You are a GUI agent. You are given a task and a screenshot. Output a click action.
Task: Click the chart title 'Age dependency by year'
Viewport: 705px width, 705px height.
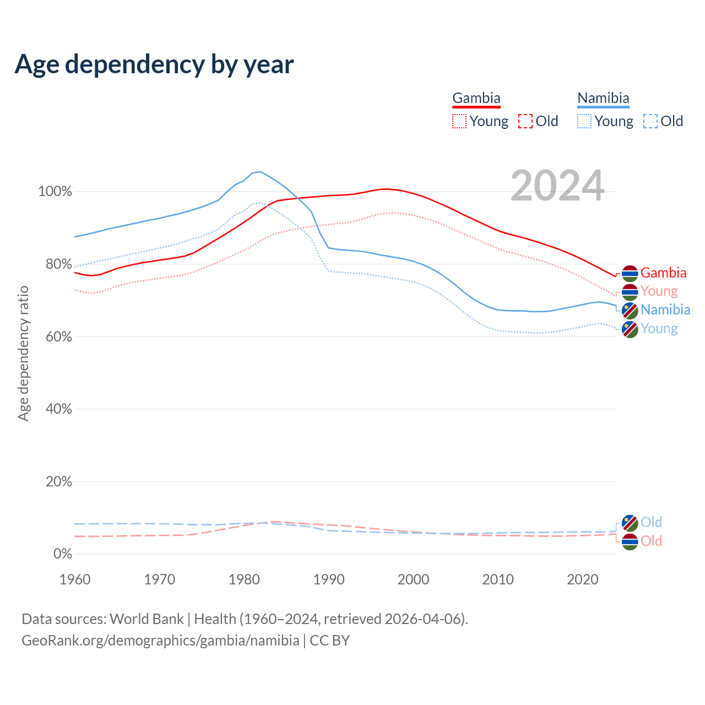tap(154, 64)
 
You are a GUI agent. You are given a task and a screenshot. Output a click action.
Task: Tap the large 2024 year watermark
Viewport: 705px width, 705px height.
tap(557, 186)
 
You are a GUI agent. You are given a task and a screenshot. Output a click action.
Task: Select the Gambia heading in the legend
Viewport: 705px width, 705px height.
tap(476, 98)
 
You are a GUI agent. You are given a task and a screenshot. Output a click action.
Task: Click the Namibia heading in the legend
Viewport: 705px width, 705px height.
tap(603, 98)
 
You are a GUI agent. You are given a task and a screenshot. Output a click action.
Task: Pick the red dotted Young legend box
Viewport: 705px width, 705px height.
tap(459, 121)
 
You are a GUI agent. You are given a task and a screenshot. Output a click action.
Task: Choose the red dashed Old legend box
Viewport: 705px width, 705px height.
tap(525, 121)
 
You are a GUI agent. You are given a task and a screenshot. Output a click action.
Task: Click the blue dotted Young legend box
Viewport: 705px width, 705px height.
tap(584, 121)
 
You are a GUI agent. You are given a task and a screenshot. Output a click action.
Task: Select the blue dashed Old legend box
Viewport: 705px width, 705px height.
tap(650, 121)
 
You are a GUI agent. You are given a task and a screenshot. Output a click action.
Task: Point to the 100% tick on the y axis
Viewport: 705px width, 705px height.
tap(55, 192)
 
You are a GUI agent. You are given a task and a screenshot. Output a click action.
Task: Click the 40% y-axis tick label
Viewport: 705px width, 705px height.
tap(59, 409)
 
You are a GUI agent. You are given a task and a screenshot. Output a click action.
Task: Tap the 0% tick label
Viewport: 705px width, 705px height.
tap(62, 554)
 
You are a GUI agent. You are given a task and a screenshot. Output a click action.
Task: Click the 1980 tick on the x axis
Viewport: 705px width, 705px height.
tap(244, 579)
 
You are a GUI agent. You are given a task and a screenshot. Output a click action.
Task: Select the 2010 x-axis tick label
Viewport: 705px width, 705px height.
tap(498, 579)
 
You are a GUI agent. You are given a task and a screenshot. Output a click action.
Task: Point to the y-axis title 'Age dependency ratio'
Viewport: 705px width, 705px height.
tap(23, 353)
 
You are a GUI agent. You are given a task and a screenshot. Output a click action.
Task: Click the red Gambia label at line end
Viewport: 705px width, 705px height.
tap(663, 273)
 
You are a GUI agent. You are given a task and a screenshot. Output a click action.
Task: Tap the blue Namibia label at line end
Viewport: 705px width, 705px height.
tap(665, 310)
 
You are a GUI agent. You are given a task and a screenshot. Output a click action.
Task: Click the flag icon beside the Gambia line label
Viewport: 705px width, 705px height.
tap(630, 273)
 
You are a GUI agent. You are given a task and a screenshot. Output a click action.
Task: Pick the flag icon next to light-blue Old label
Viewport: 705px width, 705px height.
tap(630, 523)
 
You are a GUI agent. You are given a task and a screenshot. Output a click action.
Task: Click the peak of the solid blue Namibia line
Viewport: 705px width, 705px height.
tap(260, 171)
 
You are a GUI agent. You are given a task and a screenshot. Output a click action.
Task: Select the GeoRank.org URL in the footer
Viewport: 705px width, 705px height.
tap(160, 641)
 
